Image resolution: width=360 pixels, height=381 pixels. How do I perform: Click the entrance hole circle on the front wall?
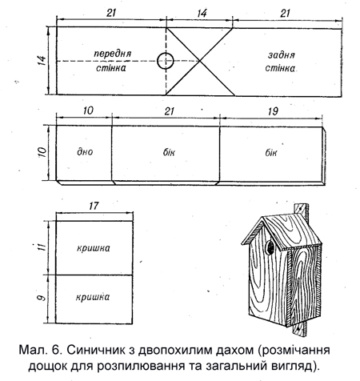click(x=166, y=53)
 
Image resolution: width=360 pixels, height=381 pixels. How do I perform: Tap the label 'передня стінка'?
click(x=112, y=61)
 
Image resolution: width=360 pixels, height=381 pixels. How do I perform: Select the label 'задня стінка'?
click(x=281, y=62)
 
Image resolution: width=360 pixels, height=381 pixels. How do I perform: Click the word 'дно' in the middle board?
click(x=85, y=151)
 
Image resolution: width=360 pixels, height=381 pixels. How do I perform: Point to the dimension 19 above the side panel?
click(x=273, y=111)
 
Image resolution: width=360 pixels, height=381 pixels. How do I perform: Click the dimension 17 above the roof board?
click(x=94, y=206)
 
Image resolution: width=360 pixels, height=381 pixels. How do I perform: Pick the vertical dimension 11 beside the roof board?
click(x=42, y=247)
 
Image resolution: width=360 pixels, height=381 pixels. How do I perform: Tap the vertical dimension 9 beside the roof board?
click(x=42, y=297)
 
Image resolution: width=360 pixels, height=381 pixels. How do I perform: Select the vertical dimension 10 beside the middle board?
click(x=42, y=152)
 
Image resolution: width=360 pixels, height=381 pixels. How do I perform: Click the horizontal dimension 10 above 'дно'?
click(x=88, y=110)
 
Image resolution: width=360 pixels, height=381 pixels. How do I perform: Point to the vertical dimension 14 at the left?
click(x=42, y=61)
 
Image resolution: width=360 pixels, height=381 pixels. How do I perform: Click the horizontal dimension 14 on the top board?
click(x=202, y=13)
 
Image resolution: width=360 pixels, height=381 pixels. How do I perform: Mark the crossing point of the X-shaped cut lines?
click(x=200, y=61)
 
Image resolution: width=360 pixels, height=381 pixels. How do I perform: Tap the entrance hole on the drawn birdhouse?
click(x=270, y=247)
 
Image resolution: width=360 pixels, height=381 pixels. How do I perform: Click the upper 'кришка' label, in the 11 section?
click(x=94, y=248)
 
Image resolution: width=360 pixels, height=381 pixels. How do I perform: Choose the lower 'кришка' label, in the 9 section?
click(x=93, y=297)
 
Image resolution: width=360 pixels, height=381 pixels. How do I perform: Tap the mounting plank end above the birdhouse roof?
click(x=302, y=210)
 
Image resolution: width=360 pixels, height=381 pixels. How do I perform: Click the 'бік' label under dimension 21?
click(x=169, y=152)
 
